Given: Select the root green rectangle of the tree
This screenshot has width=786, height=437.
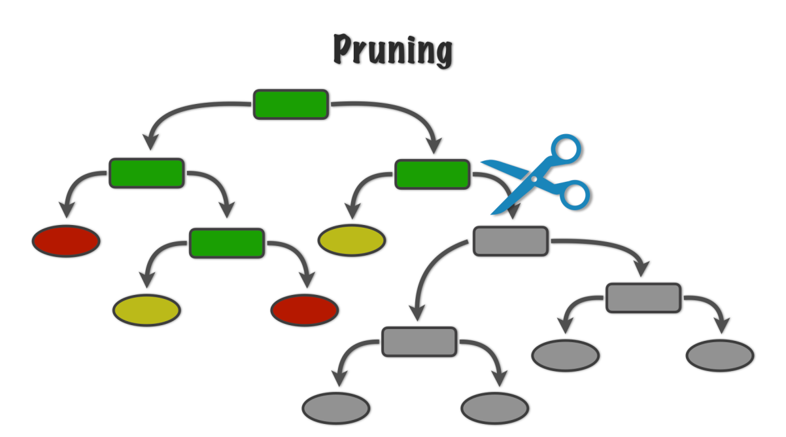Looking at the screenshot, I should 291,105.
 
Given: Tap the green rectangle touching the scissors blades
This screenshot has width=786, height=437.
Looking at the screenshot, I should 432,174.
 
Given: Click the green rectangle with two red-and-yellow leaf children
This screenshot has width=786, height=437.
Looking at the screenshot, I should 227,243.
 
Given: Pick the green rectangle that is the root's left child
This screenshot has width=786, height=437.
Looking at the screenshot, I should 146,173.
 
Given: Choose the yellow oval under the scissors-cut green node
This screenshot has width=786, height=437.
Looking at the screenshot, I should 352,241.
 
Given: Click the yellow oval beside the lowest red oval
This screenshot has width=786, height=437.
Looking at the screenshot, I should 146,310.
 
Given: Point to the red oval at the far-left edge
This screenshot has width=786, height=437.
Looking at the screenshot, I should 66,241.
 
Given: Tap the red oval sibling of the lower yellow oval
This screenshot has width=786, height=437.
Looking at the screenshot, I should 305,310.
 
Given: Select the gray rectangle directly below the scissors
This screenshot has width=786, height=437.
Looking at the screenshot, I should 510,241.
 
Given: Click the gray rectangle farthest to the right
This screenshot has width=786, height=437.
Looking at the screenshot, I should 643,298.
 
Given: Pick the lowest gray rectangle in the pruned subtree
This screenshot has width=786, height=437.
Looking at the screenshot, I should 419,341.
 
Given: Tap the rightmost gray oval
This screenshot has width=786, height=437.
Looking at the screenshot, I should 720,356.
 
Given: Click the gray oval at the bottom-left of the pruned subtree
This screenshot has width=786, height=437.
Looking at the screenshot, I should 336,409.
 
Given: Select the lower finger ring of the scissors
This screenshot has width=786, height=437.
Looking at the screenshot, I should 573,194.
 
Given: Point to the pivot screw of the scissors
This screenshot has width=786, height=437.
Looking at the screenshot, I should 535,178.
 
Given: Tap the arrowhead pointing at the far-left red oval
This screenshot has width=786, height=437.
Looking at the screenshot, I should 66,209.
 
